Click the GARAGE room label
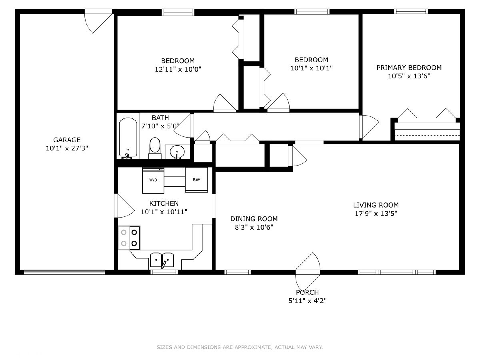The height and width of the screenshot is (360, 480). pos(67,140)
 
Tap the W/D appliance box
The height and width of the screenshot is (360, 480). pos(153,180)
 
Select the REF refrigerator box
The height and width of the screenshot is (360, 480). pos(196,180)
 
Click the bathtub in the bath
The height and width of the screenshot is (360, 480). pos(128,138)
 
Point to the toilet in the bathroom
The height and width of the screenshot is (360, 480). pos(155,148)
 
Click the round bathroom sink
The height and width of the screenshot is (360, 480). pos(177,151)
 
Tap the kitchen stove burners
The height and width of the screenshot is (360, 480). pos(129,238)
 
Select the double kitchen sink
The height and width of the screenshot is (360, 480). pos(162,260)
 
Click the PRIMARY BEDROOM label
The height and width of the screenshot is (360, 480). pos(409,68)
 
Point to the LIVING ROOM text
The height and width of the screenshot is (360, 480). pos(376,205)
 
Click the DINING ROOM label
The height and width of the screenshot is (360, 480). pos(254,219)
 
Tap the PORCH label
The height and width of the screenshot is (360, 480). pos(307,292)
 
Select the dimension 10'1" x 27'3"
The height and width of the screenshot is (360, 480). pos(67,148)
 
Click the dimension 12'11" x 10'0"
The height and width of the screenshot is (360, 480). pos(178,69)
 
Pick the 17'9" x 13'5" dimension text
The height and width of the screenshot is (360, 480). pos(376,213)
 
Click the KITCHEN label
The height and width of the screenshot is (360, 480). pos(164,204)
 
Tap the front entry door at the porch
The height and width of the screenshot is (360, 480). pos(308,272)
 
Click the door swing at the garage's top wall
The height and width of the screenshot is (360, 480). pos(99,22)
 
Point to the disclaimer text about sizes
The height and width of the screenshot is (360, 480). pos(240,347)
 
